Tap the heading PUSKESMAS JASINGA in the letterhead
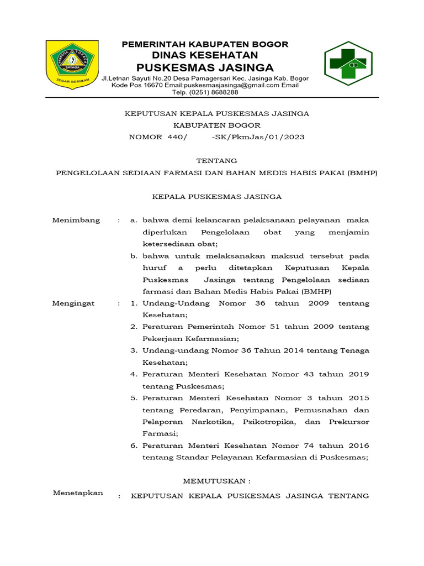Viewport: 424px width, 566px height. click(205, 67)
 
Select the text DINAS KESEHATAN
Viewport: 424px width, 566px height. click(205, 55)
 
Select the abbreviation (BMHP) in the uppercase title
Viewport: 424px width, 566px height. click(362, 173)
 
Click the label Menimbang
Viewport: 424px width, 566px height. click(76, 220)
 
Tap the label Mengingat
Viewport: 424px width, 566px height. click(73, 303)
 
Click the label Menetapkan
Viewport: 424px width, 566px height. click(78, 493)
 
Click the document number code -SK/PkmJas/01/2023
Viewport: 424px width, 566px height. click(258, 137)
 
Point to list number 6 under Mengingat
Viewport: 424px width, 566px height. click(134, 446)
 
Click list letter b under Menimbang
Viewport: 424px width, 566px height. click(134, 256)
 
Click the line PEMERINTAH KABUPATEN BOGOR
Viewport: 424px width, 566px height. click(205, 44)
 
